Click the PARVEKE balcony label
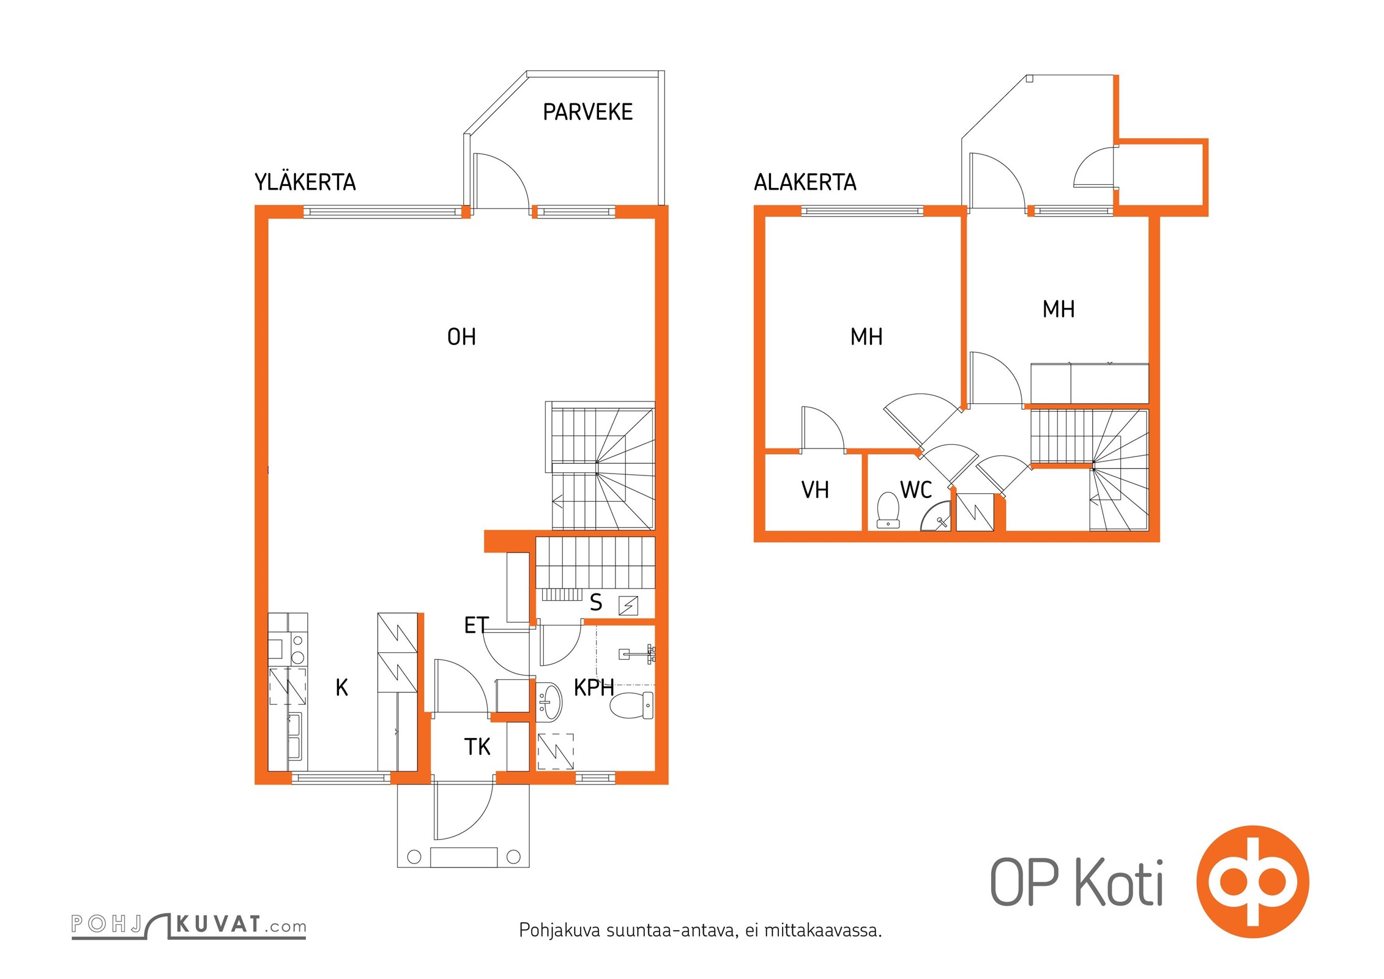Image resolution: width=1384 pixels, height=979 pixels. click(587, 112)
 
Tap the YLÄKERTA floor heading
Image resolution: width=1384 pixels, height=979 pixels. click(305, 182)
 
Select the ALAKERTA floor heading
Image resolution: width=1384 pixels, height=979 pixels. click(805, 182)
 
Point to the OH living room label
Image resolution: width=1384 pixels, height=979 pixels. click(461, 337)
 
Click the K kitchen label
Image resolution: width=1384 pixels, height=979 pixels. click(342, 688)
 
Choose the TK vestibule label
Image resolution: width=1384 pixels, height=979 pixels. click(477, 746)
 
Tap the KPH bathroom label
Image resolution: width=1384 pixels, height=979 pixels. click(593, 688)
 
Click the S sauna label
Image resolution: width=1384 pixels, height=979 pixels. click(596, 603)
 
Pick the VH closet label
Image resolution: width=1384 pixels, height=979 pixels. click(815, 489)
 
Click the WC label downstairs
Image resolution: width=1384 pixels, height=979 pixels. click(916, 489)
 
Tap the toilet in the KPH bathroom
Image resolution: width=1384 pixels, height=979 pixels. click(632, 705)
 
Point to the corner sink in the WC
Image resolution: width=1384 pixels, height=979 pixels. click(937, 518)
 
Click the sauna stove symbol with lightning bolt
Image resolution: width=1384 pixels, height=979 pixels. click(628, 606)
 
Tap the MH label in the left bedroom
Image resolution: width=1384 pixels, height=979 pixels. click(866, 337)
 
